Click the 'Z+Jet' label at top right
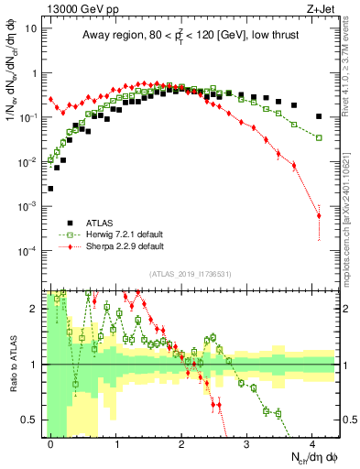pos(321,9)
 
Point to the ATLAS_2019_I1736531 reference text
pos(191,273)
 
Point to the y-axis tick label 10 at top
pos(29,27)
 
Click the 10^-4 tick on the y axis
pos(27,250)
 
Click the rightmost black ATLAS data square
pos(319,116)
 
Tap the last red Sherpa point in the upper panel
pos(319,216)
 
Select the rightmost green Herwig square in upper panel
pos(319,137)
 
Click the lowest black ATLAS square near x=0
pos(50,189)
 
